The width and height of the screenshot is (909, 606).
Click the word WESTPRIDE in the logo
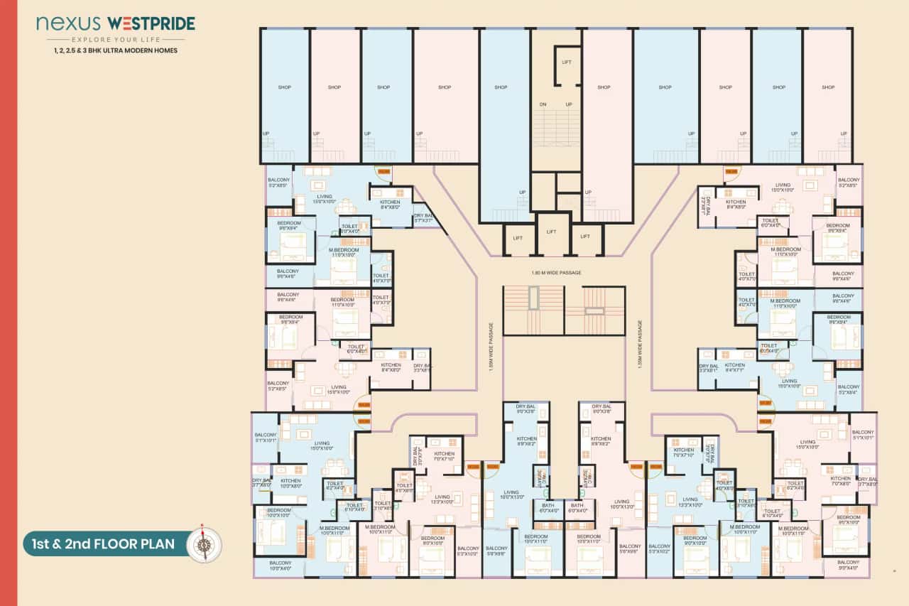coord(154,24)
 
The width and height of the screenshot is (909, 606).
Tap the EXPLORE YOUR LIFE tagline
coord(116,39)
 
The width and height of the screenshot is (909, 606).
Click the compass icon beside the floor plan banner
coord(204,545)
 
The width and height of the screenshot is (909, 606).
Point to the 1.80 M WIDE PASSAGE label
coord(556,273)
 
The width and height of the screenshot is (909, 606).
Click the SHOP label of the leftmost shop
coord(285,87)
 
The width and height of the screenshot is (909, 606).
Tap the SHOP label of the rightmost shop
coord(828,87)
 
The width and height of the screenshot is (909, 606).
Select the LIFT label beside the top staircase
coord(567,63)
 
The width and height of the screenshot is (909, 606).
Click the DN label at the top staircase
coord(543,104)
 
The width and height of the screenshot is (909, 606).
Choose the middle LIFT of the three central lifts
coord(552,232)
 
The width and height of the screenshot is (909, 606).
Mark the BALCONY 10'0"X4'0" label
coord(280,565)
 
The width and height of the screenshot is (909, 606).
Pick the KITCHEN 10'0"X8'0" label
coord(290,484)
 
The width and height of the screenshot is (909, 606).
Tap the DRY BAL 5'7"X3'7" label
coord(424,218)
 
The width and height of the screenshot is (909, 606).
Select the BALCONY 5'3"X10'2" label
coord(659,551)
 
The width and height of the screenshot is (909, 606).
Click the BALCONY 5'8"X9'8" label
coord(497,551)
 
